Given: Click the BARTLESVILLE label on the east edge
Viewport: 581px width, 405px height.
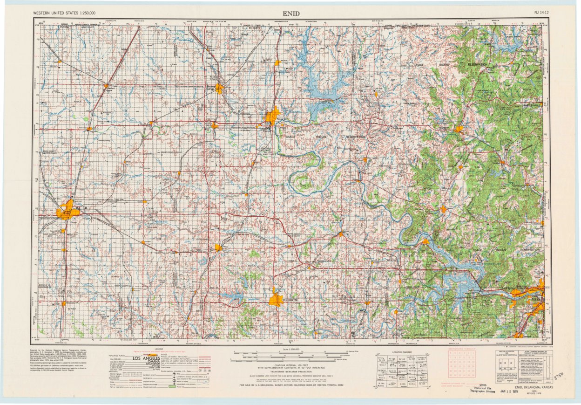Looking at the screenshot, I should (528, 106).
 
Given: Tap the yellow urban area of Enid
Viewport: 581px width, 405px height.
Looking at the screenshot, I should (67, 211).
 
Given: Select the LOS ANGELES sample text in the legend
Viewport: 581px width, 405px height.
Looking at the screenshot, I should (146, 358).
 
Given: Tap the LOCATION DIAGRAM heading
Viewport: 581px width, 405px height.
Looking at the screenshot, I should (402, 352).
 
